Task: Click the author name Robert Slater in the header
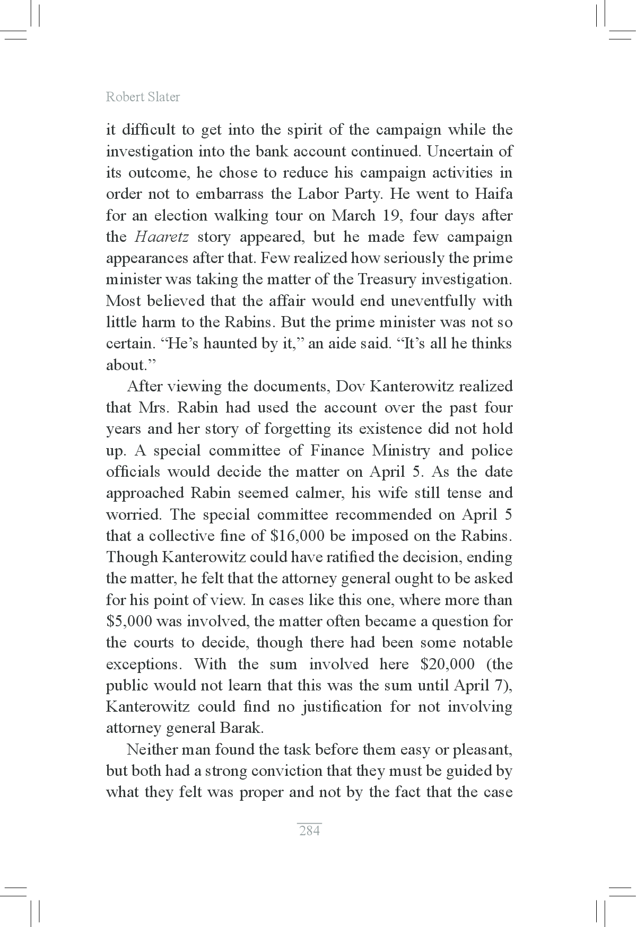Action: (x=143, y=97)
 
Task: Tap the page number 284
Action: (x=309, y=830)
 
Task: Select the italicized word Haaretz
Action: (x=162, y=237)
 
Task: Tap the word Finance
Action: (x=337, y=451)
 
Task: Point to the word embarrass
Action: (x=229, y=194)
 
